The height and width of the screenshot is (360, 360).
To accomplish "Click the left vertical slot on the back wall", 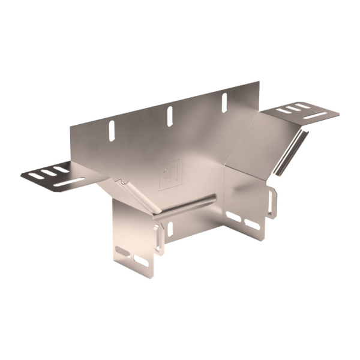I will pyautogui.click(x=111, y=131).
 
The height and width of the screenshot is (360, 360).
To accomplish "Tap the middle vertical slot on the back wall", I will pyautogui.click(x=170, y=114).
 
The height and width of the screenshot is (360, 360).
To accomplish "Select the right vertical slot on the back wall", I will pyautogui.click(x=224, y=101).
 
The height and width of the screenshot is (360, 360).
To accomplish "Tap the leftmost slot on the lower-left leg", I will pyautogui.click(x=123, y=250).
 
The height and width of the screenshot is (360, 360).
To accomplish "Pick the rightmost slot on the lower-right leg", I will pyautogui.click(x=252, y=223).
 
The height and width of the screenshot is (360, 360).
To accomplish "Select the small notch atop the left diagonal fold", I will pyautogui.click(x=122, y=181).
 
